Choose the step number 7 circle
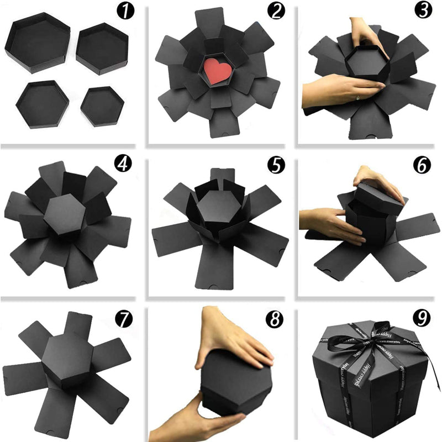pos(123,319)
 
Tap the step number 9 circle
pos(423,319)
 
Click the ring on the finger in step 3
pos(359,97)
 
